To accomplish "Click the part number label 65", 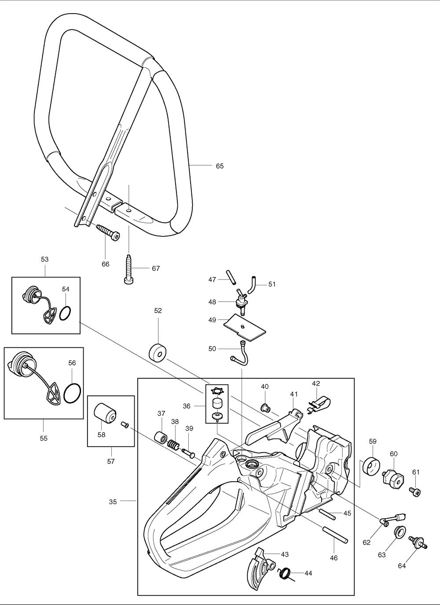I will tap(220, 166).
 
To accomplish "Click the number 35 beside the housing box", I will tap(113, 502).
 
